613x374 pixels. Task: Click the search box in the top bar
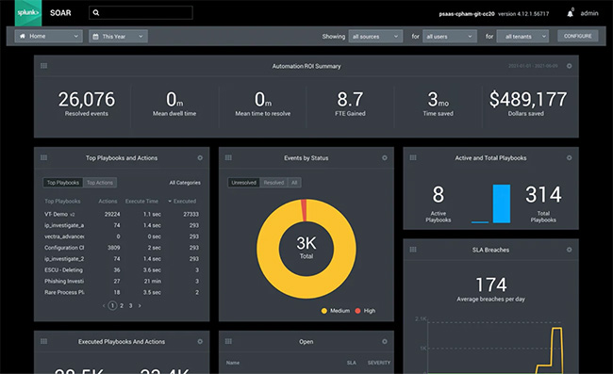[x=141, y=13]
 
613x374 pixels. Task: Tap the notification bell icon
[x=570, y=13]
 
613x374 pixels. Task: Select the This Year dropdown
[x=118, y=36]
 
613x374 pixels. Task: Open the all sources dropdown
[x=375, y=36]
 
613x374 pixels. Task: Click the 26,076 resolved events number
[x=87, y=99]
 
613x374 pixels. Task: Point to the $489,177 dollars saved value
[x=528, y=99]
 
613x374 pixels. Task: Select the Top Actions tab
[x=99, y=182]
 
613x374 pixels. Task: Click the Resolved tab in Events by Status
[x=273, y=182]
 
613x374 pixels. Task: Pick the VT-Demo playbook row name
[x=58, y=214]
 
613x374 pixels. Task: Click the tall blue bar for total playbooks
[x=501, y=203]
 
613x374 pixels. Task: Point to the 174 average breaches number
[x=490, y=284]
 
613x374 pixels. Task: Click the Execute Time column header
[x=143, y=201]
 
